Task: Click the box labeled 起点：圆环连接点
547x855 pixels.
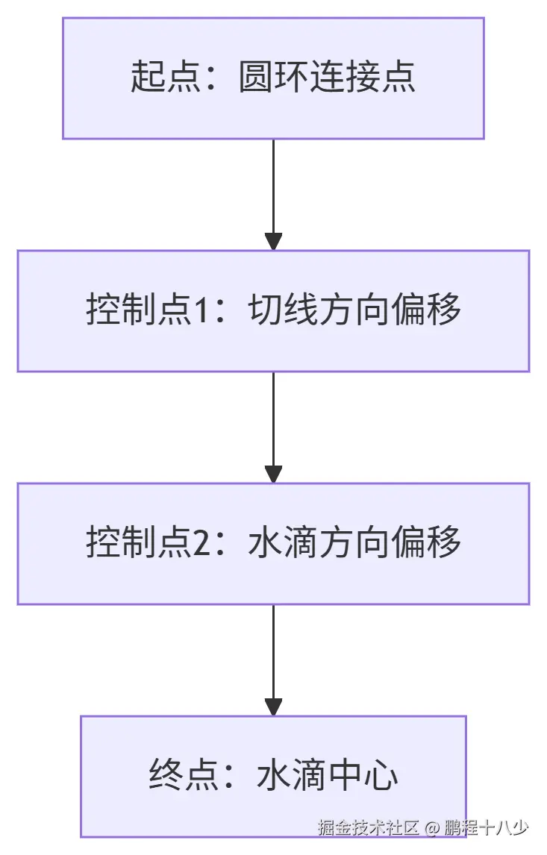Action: (273, 78)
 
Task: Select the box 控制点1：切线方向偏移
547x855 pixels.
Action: (273, 311)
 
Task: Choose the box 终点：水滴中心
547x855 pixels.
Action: (273, 777)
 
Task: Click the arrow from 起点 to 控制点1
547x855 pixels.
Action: (273, 190)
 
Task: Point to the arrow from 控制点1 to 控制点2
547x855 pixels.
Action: (273, 422)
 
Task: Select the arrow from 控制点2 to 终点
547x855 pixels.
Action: (273, 655)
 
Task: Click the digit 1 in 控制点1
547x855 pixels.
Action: (204, 311)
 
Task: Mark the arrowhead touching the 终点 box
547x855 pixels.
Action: (273, 707)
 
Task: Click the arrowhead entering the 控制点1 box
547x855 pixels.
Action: (273, 241)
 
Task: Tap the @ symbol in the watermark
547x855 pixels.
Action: (432, 828)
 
